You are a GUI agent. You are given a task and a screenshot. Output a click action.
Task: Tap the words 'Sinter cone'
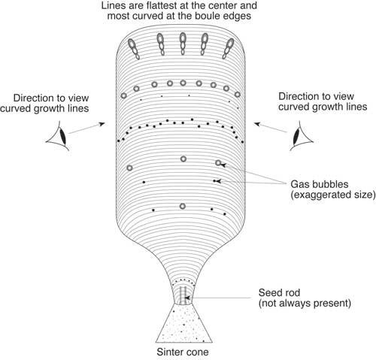coord(184,351)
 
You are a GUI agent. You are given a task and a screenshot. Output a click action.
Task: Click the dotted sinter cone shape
coord(183,323)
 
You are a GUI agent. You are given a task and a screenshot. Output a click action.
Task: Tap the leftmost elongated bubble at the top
coord(132,48)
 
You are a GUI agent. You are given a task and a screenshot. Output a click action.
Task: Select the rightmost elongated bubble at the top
coord(233,48)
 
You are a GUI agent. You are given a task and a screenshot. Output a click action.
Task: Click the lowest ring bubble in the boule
coord(182,206)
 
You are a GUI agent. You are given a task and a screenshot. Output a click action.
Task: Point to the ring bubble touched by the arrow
coord(218,163)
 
